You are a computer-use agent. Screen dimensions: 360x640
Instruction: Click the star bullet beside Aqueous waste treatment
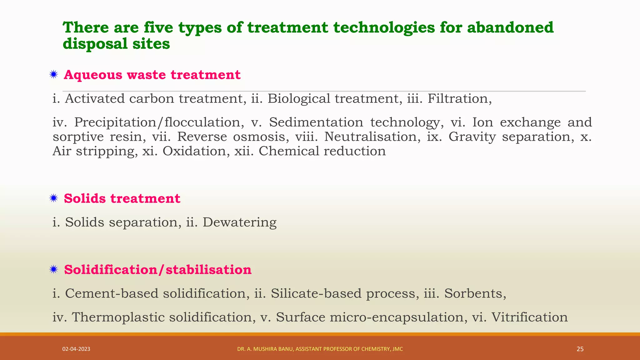click(x=54, y=75)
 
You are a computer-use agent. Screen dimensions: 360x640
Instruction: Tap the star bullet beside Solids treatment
click(x=54, y=198)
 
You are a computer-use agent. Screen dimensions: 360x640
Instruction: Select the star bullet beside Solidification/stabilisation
click(x=54, y=269)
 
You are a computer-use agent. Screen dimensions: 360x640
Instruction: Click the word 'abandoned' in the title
click(x=510, y=27)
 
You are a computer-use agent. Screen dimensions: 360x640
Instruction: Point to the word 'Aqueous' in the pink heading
click(x=93, y=75)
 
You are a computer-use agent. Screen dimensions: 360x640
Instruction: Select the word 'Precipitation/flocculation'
click(x=159, y=122)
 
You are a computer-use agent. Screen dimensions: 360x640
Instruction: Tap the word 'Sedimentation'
click(x=316, y=122)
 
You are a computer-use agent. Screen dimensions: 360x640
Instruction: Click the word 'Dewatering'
click(x=239, y=222)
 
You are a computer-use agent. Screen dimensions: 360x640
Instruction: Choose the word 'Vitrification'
click(x=529, y=317)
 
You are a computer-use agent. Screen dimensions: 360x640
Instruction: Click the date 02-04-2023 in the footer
click(x=76, y=349)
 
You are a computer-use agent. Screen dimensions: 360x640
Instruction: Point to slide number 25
click(x=580, y=349)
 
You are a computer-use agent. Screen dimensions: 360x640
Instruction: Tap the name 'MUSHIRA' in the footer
click(x=265, y=349)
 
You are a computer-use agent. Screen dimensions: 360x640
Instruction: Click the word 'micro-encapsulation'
click(x=397, y=317)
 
